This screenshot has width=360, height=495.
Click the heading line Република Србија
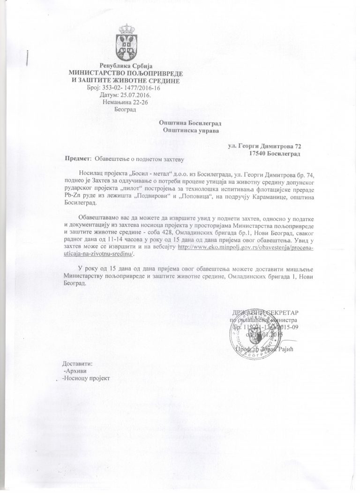(124, 65)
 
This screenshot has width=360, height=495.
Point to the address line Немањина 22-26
(125, 102)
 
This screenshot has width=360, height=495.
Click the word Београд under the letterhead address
(125, 110)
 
